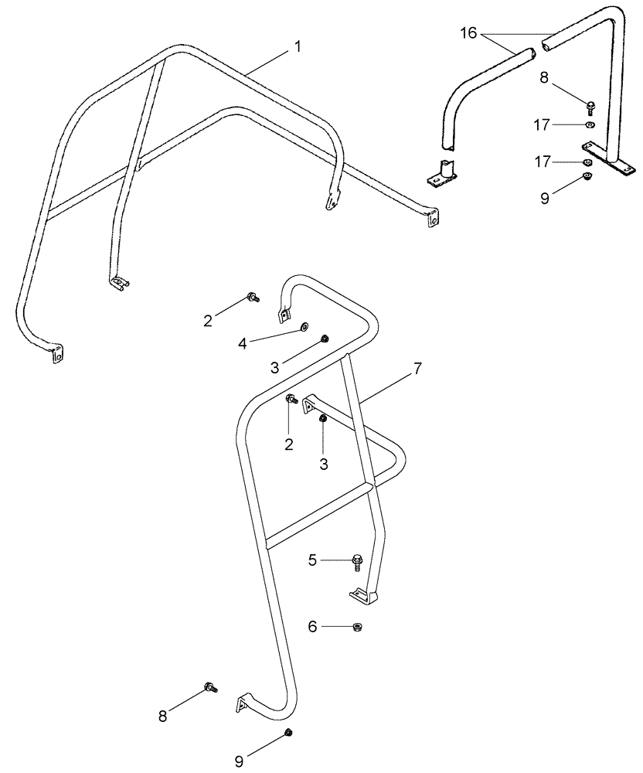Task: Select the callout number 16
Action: pyautogui.click(x=469, y=34)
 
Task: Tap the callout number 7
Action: pyautogui.click(x=417, y=368)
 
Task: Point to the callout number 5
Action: pyautogui.click(x=312, y=560)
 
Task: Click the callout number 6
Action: pyautogui.click(x=312, y=627)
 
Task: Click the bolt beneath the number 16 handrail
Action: pyautogui.click(x=590, y=107)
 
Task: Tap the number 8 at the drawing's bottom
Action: pyautogui.click(x=163, y=716)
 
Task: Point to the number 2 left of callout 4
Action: pyautogui.click(x=208, y=320)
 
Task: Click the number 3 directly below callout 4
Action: pyautogui.click(x=276, y=366)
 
